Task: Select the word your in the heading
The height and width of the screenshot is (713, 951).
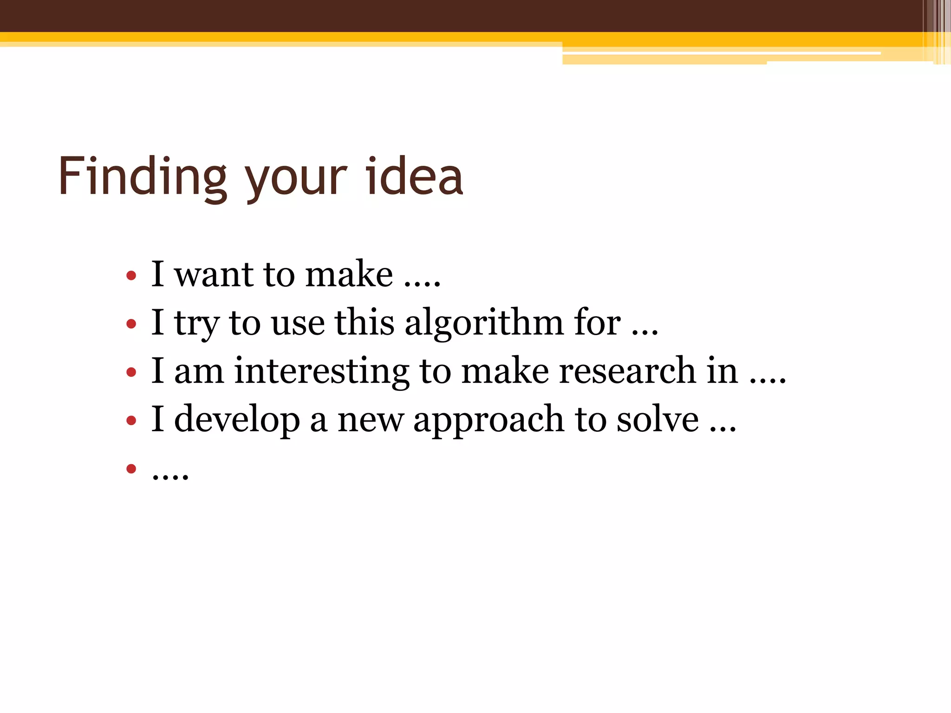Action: [296, 181]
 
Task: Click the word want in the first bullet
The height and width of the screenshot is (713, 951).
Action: [214, 275]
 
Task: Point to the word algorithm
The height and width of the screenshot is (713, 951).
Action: [484, 324]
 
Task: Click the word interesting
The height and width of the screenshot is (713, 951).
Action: [321, 371]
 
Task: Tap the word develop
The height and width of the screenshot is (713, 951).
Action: [237, 420]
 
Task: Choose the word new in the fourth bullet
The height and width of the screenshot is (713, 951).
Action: [370, 421]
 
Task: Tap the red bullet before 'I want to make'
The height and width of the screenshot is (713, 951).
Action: [131, 276]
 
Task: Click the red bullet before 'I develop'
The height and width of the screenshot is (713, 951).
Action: [131, 421]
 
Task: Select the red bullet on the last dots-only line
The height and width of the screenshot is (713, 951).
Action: [131, 469]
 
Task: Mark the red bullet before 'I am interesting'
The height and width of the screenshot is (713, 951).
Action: [131, 372]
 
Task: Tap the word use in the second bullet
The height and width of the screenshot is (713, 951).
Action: [298, 324]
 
